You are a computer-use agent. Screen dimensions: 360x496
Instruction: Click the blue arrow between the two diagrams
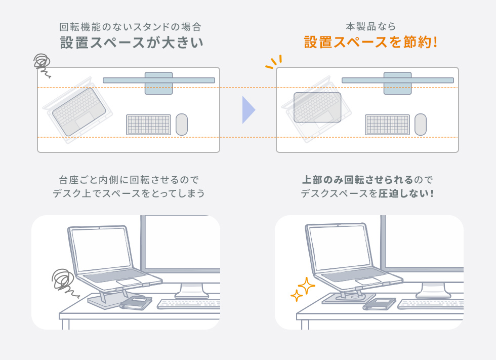click(248, 110)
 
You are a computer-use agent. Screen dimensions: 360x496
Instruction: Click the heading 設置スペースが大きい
click(132, 43)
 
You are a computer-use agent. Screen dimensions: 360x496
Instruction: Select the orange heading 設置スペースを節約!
click(370, 43)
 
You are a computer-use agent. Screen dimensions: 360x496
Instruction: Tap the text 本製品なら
click(370, 26)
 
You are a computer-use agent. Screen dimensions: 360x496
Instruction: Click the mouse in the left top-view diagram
click(182, 125)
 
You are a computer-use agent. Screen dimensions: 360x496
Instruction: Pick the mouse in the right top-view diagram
click(420, 125)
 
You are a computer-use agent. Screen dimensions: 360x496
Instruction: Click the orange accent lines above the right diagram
click(273, 62)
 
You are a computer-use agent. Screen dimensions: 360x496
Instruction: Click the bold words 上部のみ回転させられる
click(357, 180)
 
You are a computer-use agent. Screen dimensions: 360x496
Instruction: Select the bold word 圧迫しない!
click(406, 194)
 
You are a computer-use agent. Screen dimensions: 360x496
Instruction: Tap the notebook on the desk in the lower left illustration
click(136, 303)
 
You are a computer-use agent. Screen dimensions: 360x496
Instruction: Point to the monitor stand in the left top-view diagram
click(158, 83)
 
